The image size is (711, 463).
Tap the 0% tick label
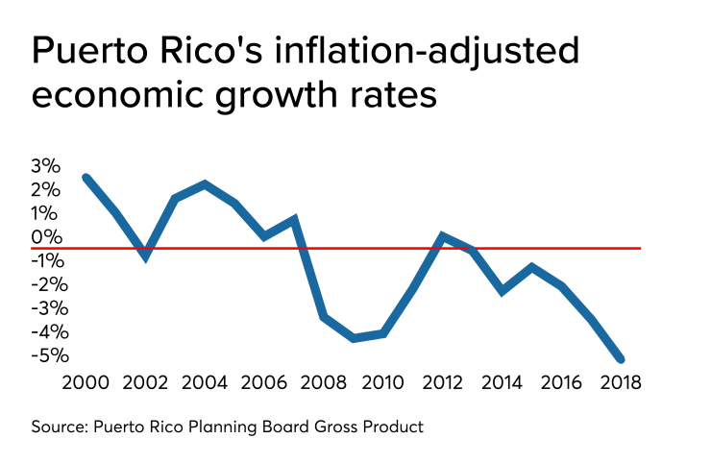coord(46,237)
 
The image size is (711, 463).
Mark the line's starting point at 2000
coord(86,178)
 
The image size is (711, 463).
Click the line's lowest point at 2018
coord(621,359)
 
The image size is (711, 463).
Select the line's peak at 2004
coord(206,183)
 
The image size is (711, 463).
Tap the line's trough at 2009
coord(354,338)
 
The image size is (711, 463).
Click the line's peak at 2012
coord(443,236)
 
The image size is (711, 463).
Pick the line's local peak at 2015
coord(531,267)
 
